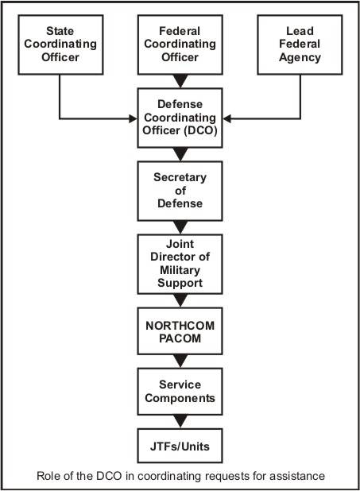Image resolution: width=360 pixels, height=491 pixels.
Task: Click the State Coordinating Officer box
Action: [x=60, y=44]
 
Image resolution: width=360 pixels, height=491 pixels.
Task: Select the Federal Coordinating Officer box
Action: [x=180, y=44]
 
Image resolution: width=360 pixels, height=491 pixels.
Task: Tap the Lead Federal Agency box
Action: [x=300, y=44]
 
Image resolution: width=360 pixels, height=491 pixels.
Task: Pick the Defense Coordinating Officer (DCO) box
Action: [x=180, y=118]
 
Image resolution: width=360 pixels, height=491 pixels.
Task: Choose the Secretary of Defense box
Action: [x=180, y=191]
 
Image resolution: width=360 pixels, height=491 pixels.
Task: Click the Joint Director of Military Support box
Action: [x=180, y=264]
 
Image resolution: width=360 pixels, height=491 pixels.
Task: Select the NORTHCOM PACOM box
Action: [x=180, y=331]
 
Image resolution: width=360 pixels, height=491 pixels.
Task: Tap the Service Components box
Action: [x=180, y=392]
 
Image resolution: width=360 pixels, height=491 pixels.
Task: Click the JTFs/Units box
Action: [x=180, y=446]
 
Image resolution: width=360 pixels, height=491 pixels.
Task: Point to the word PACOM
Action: [x=180, y=338]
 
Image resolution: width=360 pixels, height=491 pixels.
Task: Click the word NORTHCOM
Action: [x=180, y=326]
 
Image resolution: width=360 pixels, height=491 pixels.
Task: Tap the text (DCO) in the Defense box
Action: [x=200, y=130]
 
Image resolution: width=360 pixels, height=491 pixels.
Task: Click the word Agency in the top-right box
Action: [x=300, y=58]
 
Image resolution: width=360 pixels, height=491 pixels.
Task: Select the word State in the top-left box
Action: [x=60, y=31]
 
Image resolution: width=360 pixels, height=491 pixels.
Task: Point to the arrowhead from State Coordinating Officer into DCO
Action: [x=134, y=118]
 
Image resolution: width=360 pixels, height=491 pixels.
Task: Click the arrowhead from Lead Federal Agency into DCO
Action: [x=227, y=118]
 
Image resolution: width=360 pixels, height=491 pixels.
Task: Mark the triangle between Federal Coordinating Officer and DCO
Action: [x=180, y=81]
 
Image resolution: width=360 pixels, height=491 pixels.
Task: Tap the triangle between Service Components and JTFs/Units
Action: [x=180, y=422]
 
